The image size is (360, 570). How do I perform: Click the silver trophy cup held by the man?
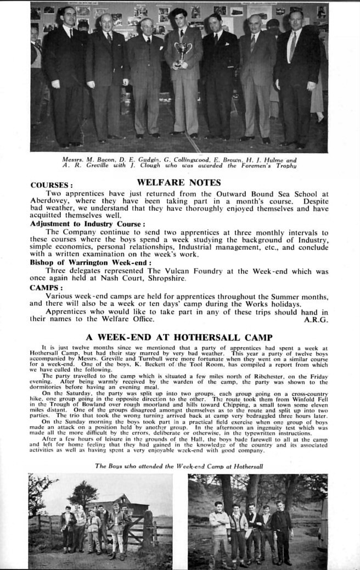click(183, 51)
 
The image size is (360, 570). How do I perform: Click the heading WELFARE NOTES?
click(178, 182)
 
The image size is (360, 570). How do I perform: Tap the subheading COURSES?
click(52, 186)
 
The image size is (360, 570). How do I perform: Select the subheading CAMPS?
click(46, 288)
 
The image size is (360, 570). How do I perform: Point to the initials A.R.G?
click(316, 319)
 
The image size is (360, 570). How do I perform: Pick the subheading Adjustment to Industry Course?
click(88, 224)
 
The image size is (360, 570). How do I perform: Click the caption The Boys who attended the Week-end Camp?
click(179, 466)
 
